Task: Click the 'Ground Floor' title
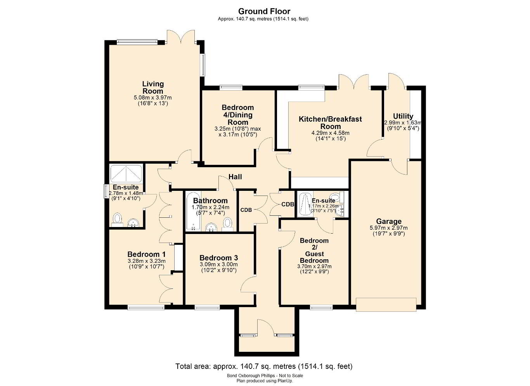(x=264, y=11)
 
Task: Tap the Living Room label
(x=153, y=87)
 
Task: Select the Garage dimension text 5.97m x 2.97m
(x=388, y=228)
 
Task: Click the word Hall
(x=235, y=176)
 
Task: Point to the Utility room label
(x=403, y=116)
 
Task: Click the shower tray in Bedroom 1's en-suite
(x=126, y=174)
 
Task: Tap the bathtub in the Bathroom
(x=194, y=211)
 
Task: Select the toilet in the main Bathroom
(x=227, y=224)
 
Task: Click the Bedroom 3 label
(x=218, y=258)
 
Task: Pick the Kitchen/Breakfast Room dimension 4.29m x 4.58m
(x=331, y=133)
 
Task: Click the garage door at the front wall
(x=386, y=305)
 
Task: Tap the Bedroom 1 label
(x=146, y=254)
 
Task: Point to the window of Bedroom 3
(x=207, y=307)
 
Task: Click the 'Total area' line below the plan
(x=264, y=366)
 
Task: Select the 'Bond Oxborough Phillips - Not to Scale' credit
(x=265, y=376)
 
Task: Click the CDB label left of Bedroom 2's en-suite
(x=288, y=204)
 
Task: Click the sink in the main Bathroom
(x=211, y=227)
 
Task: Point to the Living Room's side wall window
(x=203, y=65)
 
